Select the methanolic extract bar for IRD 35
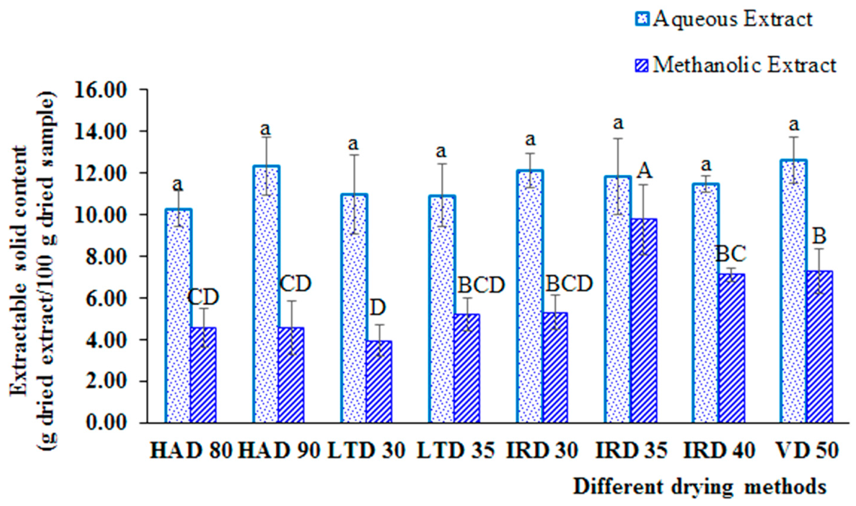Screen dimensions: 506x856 pos(643,321)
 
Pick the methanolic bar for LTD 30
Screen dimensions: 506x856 pos(379,382)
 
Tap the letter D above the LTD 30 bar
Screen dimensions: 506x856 pos(378,308)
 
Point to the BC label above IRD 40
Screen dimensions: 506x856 pos(731,254)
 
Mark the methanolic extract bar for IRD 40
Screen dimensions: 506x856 pos(732,348)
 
